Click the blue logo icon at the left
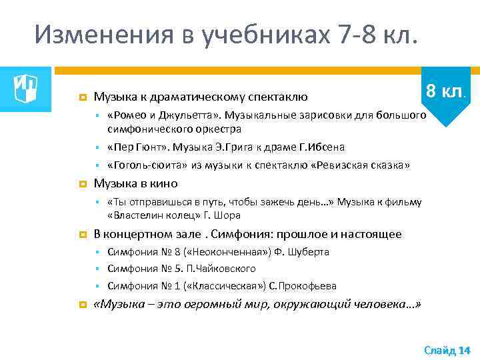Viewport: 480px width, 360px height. click(26, 85)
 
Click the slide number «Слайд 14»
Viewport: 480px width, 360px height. click(447, 350)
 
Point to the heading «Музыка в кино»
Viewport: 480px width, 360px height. click(135, 183)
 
